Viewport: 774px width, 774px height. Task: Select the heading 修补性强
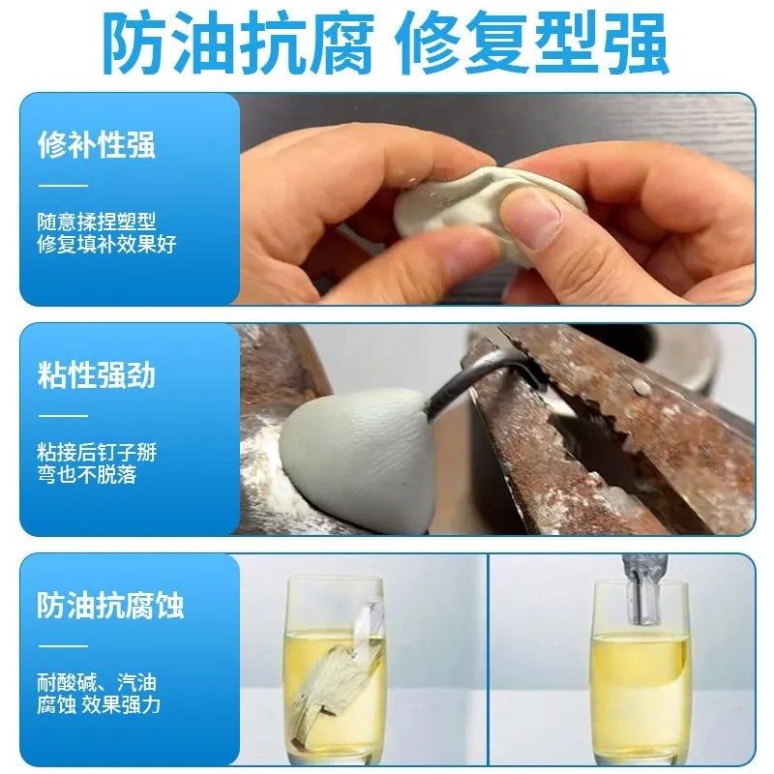tap(96, 145)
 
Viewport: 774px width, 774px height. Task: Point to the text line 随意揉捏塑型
tap(96, 222)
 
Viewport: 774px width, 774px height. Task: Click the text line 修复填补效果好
tap(106, 244)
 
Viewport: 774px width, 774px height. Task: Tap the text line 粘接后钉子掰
tap(96, 452)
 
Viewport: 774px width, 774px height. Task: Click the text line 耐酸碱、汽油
tap(96, 683)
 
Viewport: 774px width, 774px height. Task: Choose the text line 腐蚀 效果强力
tap(99, 705)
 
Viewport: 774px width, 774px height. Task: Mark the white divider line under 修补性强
tap(63, 185)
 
